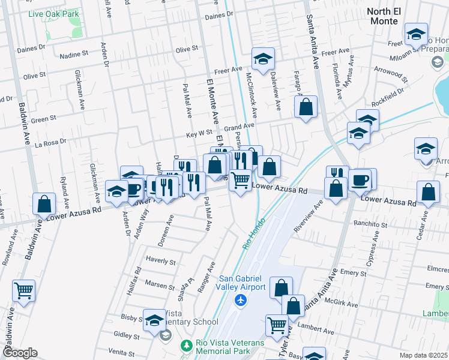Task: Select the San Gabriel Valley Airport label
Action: [241, 283]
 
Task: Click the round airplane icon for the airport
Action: [241, 299]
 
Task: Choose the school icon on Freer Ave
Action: [263, 59]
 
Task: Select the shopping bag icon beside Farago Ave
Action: [306, 108]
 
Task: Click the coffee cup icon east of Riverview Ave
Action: [360, 180]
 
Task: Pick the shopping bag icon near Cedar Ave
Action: [428, 193]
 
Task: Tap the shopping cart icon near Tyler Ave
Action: [277, 325]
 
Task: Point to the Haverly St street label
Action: [160, 262]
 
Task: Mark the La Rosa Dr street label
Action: [50, 143]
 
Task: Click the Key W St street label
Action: [199, 133]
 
